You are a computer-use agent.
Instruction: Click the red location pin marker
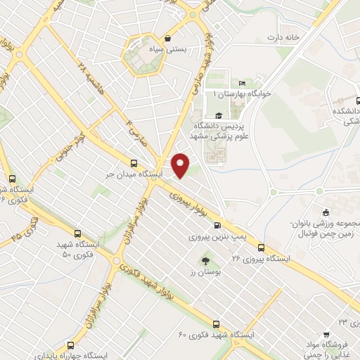[x=181, y=165]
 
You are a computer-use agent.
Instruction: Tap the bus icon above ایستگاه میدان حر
[x=134, y=161]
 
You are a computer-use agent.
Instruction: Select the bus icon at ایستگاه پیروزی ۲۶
[x=261, y=248]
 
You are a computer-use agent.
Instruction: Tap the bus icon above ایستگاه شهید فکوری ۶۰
[x=216, y=324]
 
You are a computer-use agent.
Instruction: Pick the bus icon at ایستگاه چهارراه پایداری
[x=71, y=345]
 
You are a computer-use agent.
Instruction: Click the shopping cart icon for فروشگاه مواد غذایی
[x=326, y=334]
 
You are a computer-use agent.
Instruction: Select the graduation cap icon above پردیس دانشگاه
[x=218, y=116]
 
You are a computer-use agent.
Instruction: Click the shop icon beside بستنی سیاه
[x=167, y=39]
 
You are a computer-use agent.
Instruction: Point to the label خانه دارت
[x=283, y=37]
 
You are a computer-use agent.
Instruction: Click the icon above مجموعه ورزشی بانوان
[x=325, y=213]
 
